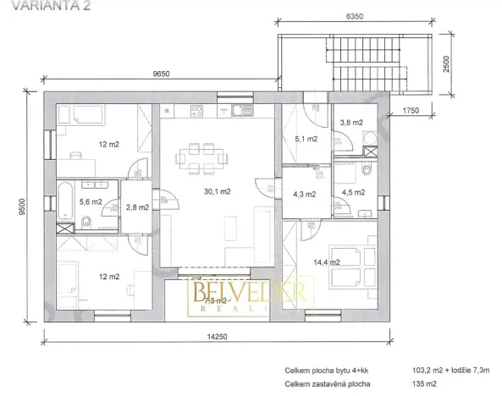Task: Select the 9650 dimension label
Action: (163, 74)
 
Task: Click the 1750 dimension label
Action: (412, 110)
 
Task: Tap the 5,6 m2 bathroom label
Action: (90, 201)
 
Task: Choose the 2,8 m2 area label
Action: (137, 206)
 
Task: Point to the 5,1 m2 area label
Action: (306, 139)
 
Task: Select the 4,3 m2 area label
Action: (304, 194)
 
